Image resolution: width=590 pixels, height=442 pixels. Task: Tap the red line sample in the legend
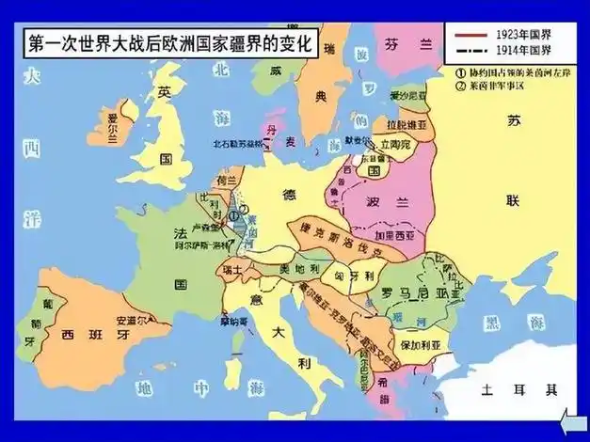click(468, 36)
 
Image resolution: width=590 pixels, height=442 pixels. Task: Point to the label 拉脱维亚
click(399, 125)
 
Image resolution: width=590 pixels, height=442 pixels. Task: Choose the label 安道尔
click(131, 319)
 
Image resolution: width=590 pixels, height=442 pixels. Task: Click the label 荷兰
click(226, 178)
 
